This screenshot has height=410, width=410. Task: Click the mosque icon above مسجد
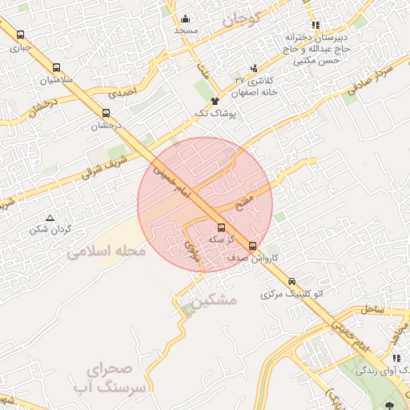coord(186,19)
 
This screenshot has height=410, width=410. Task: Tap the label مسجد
coord(186,30)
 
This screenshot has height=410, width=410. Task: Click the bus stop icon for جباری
coord(20,34)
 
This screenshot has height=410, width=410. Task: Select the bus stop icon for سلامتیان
coord(56,68)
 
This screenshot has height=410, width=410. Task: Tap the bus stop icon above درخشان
coord(107,113)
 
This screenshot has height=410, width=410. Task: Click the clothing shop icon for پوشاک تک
coord(215,101)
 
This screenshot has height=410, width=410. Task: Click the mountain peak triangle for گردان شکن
coord(50,217)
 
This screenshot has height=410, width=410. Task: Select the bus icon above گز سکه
coord(222,227)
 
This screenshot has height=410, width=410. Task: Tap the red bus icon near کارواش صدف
coord(253,246)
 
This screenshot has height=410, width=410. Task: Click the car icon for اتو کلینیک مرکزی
coord(291,281)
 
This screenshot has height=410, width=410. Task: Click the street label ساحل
coord(372,308)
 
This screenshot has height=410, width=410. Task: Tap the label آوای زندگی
coord(383,370)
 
